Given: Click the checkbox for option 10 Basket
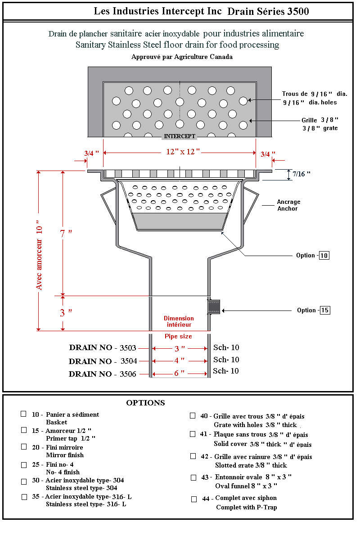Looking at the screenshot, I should click(x=23, y=414).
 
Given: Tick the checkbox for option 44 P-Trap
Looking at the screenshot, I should click(x=194, y=499).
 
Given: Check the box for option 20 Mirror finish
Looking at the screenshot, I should click(x=24, y=447).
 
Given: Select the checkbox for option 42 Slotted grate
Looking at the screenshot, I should click(x=193, y=456).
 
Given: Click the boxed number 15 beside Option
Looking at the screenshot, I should click(x=325, y=310).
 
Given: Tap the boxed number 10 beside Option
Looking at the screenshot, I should click(x=324, y=255).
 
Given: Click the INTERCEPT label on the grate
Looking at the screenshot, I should click(x=180, y=136).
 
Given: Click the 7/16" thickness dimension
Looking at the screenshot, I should click(x=301, y=174).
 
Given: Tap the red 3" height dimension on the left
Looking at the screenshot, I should click(x=66, y=313).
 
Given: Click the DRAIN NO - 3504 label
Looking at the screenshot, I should click(x=103, y=361).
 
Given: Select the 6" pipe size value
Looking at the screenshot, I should click(x=180, y=373).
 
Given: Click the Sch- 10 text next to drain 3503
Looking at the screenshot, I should click(x=226, y=348).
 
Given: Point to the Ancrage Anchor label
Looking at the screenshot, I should click(x=288, y=205).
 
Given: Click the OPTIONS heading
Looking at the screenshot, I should click(x=145, y=403).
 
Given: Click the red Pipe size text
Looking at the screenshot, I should click(x=178, y=337).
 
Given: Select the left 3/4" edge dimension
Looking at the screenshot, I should click(x=91, y=154).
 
